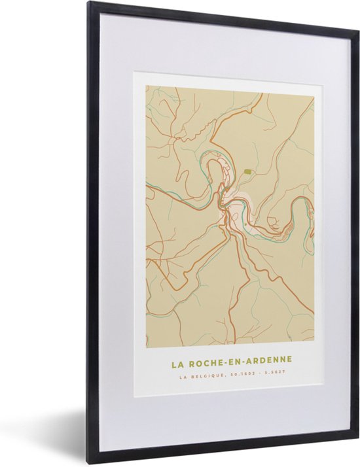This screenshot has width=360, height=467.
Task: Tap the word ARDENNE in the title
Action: pos(266,361)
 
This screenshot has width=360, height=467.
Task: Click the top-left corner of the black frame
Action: pos(89,3)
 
